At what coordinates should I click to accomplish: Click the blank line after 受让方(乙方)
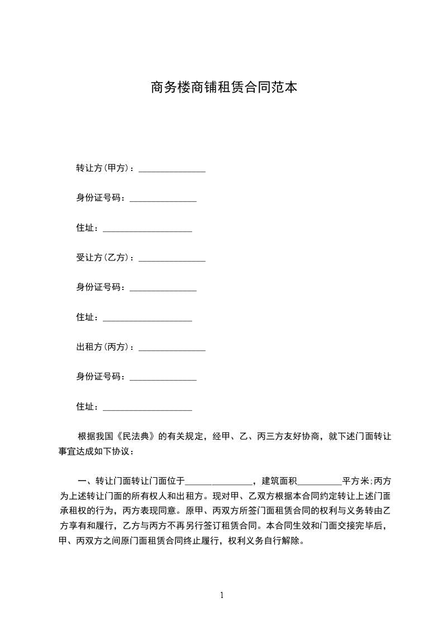172,260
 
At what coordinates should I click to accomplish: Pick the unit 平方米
355,481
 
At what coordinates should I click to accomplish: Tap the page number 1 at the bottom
222,595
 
